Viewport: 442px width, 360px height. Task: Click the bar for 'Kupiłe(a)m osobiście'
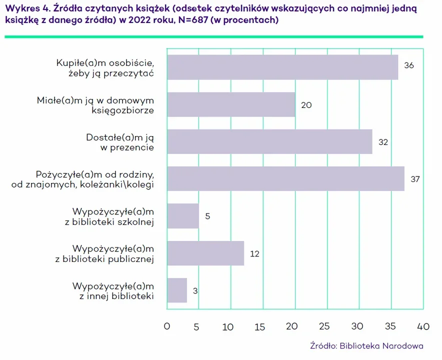(282, 67)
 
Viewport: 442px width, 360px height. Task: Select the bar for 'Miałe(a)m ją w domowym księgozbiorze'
(231, 104)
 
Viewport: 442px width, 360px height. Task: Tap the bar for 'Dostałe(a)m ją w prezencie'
(269, 142)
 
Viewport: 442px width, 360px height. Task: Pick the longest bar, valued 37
(285, 179)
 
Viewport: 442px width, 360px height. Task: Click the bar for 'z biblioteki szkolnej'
(183, 216)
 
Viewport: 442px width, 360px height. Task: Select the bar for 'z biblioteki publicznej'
(205, 253)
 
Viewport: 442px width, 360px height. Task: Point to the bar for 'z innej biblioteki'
(177, 290)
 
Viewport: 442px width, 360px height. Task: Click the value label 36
(409, 65)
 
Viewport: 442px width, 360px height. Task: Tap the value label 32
(383, 142)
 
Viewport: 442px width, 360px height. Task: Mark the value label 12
(254, 253)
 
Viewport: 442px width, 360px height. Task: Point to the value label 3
(195, 290)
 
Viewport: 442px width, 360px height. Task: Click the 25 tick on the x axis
(324, 327)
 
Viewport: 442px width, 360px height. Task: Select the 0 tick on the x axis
(167, 327)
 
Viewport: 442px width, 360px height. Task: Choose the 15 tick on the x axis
(260, 327)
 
